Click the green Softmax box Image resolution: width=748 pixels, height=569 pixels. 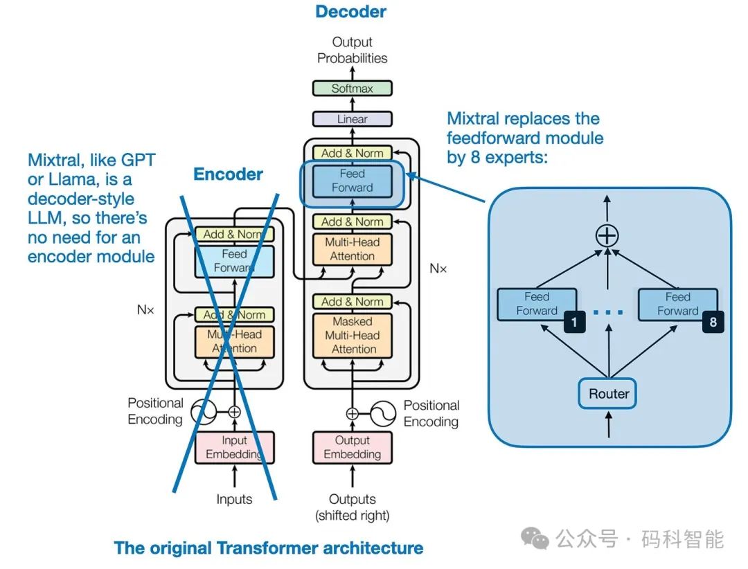(352, 89)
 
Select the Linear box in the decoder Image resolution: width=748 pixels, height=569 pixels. (352, 119)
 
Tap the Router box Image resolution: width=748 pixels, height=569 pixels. (609, 394)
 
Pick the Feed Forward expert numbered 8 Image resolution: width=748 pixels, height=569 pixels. (678, 305)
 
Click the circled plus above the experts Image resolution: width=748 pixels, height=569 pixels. (607, 235)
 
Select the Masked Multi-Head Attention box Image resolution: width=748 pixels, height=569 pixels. (353, 336)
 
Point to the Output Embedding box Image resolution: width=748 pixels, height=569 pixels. (353, 447)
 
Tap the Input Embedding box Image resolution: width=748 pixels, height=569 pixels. (234, 447)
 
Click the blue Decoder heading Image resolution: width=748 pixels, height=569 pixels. (350, 12)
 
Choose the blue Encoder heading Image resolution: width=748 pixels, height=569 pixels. (228, 174)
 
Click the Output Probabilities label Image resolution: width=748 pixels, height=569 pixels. (352, 51)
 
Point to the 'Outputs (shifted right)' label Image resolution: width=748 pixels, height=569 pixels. (353, 507)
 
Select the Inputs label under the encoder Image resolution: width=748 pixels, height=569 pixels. (234, 499)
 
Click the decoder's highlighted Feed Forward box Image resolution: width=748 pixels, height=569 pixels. (352, 181)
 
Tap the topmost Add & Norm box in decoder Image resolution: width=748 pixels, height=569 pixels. (352, 152)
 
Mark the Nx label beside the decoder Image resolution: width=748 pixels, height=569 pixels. (438, 268)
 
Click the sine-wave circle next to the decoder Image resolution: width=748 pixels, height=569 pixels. (383, 414)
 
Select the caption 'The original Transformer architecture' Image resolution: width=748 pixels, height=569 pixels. (269, 548)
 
